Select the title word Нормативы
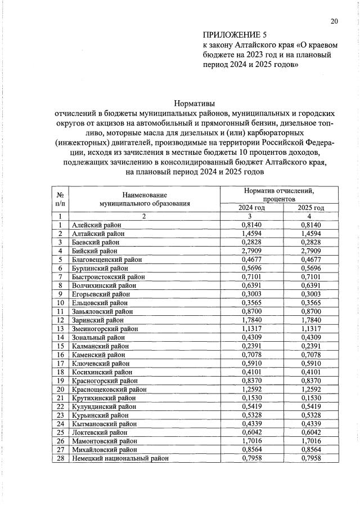(x=195, y=104)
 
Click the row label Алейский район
(x=94, y=225)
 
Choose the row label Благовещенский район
(x=107, y=260)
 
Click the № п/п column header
(x=59, y=199)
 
